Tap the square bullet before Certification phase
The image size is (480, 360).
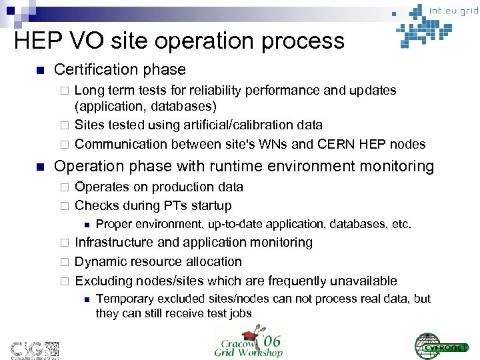40,70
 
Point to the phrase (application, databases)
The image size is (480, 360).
145,107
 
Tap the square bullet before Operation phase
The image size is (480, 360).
40,167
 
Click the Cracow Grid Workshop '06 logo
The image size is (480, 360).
249,339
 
